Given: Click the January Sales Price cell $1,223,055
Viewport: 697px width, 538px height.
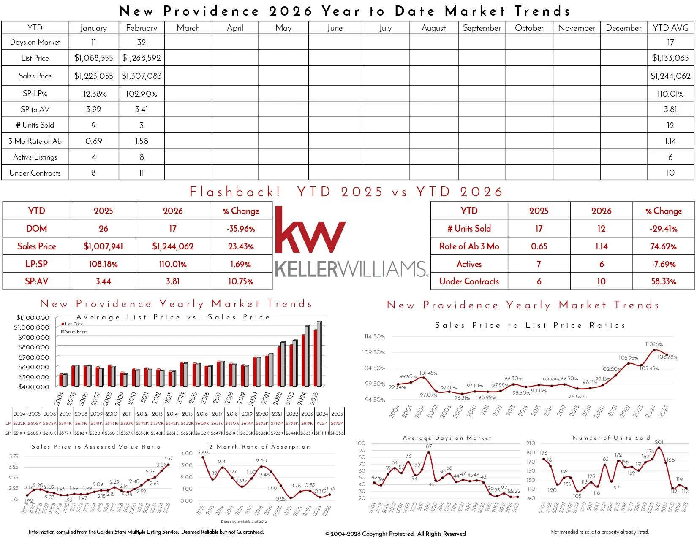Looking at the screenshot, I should pos(94,76).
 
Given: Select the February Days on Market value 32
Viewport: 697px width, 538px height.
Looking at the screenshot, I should pos(142,42).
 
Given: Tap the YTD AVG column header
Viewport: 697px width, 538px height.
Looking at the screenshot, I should pos(670,28).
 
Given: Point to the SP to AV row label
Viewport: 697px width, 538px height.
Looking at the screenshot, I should pos(35,109).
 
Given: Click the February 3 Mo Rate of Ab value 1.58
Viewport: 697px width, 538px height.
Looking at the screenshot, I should pos(142,141).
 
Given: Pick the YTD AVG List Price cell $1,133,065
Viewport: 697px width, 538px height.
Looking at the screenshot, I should pos(670,58).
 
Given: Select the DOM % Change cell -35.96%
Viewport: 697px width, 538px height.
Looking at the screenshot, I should pos(241,229).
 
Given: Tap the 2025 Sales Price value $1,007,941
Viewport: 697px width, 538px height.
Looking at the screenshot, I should pos(103,246).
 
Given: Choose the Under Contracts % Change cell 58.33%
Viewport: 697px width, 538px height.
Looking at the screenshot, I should pos(664,281).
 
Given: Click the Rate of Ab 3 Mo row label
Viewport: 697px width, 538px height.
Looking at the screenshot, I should pos(469,246).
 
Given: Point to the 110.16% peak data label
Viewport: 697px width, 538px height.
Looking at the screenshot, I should pos(654,344).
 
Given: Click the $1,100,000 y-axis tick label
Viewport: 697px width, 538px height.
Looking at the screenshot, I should pos(33,318).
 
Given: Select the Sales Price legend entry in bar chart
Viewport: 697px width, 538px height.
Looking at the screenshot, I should pos(75,332).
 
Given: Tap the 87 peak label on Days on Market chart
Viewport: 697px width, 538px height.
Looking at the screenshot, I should pos(429,446).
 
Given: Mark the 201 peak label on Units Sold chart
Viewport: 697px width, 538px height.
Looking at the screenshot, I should pos(659,442).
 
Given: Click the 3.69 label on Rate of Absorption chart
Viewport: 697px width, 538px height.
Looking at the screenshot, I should pos(203,453).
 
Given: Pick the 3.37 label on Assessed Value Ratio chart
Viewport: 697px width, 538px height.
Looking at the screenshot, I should pos(168,458).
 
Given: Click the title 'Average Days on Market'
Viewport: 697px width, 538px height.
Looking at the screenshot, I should pos(447,438).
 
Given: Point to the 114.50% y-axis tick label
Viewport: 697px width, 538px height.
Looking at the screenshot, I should pos(375,337).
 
